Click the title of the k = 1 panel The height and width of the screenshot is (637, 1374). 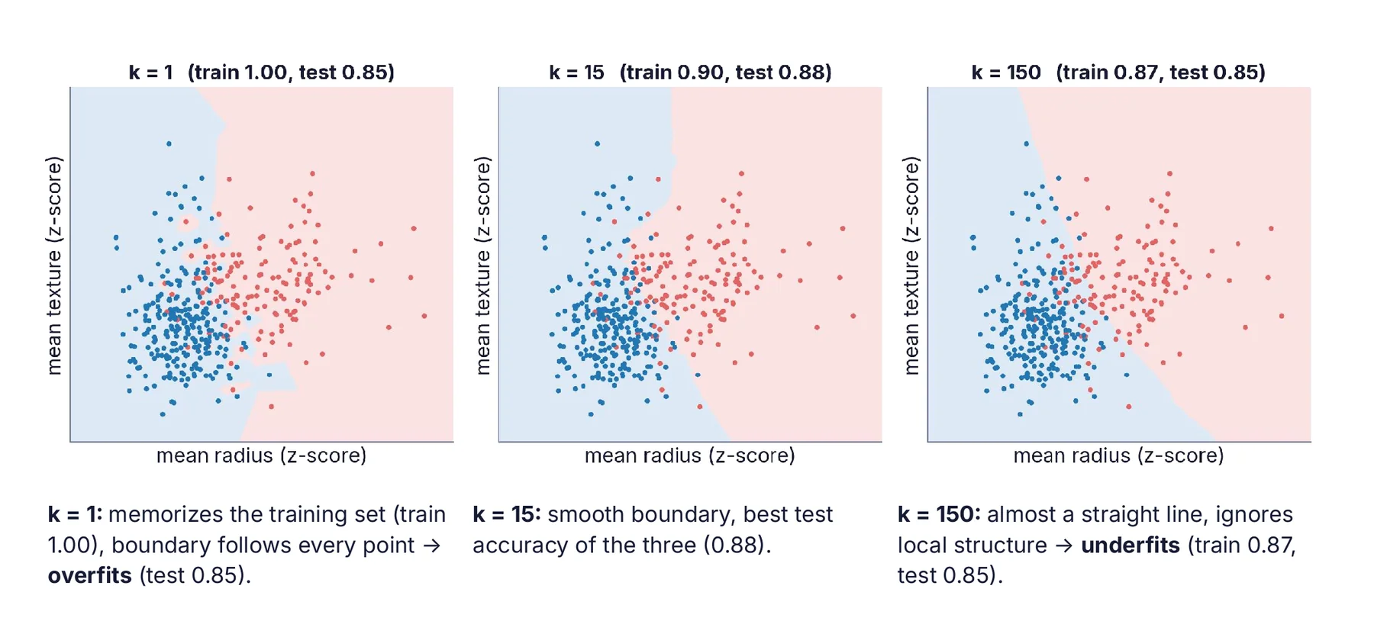point(261,72)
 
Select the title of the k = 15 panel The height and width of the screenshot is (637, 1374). point(690,72)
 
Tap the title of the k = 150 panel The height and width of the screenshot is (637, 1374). point(1118,72)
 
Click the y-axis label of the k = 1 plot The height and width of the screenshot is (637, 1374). point(53,265)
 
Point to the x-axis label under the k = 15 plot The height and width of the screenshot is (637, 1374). point(690,455)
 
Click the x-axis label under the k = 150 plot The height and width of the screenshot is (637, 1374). point(1118,455)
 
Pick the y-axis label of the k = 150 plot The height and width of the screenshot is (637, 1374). point(911,265)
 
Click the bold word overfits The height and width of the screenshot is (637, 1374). point(90,575)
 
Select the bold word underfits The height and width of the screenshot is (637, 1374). point(1130,545)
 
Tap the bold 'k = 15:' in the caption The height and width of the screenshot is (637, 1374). point(507,514)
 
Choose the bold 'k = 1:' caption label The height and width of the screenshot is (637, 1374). point(75,514)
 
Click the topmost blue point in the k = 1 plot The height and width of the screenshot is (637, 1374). point(169,143)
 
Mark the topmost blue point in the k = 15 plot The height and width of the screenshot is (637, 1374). point(597,143)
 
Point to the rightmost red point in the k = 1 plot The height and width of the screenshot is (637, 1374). point(424,316)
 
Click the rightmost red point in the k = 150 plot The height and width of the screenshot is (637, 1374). point(1282,316)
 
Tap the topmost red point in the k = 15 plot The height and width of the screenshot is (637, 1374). point(741,174)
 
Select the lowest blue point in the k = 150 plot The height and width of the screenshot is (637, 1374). point(1020,414)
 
